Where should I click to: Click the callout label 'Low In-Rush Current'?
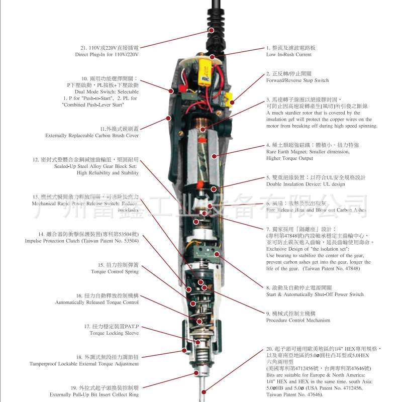tap(289, 54)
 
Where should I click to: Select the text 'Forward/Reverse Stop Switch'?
tap(297, 80)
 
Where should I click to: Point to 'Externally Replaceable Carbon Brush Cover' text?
tap(92, 136)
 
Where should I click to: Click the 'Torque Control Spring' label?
tap(115, 271)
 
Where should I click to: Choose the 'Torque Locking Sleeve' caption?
tap(115, 333)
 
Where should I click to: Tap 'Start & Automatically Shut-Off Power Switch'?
tap(315, 294)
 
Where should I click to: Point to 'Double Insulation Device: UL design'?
tap(306, 184)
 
